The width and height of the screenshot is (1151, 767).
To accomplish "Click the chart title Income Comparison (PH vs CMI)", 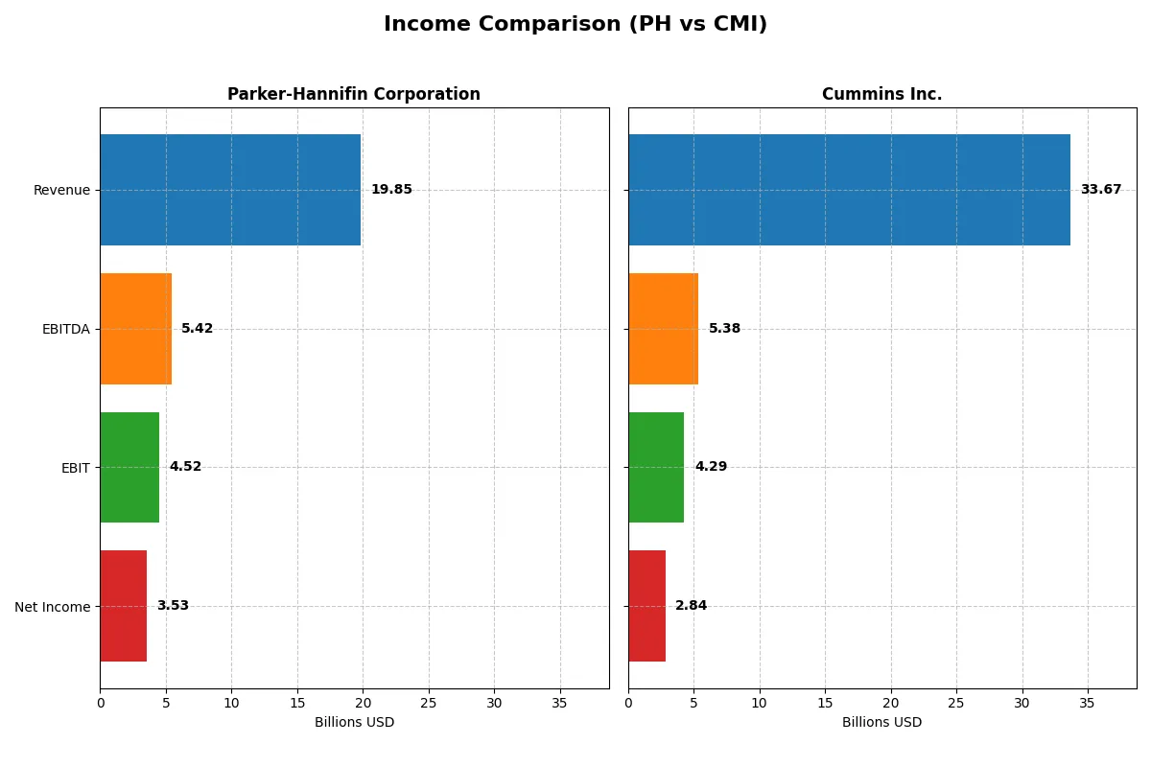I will click(575, 25).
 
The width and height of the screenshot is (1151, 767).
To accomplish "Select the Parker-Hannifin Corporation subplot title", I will click(353, 94).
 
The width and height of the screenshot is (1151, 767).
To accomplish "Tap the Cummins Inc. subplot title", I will click(881, 94).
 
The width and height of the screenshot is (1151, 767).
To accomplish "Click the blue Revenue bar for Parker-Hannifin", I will click(230, 190).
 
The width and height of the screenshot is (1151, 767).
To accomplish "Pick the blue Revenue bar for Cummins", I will click(849, 190).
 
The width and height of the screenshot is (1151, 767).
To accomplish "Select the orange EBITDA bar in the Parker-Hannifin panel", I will click(135, 329).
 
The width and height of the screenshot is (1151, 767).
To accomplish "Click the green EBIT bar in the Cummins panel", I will click(656, 467).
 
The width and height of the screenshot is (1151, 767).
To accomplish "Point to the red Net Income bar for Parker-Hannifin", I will click(123, 606).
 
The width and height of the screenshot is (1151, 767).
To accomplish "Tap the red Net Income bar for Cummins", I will click(646, 606).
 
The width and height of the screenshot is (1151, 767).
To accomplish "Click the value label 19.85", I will click(391, 190).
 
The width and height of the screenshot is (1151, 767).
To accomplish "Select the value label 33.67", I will click(1100, 190).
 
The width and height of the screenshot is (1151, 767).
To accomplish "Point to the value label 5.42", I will click(197, 329).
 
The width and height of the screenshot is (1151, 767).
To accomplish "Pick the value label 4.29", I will click(711, 467).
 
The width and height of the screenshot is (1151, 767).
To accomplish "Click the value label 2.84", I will click(691, 606).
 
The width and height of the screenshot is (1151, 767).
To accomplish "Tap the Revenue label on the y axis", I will click(61, 190).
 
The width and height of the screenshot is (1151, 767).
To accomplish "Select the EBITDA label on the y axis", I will click(65, 329).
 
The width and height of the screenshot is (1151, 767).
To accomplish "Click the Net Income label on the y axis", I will click(53, 606).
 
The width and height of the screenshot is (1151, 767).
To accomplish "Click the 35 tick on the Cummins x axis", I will click(1087, 703).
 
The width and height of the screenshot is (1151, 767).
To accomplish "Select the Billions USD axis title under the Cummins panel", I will click(881, 722).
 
